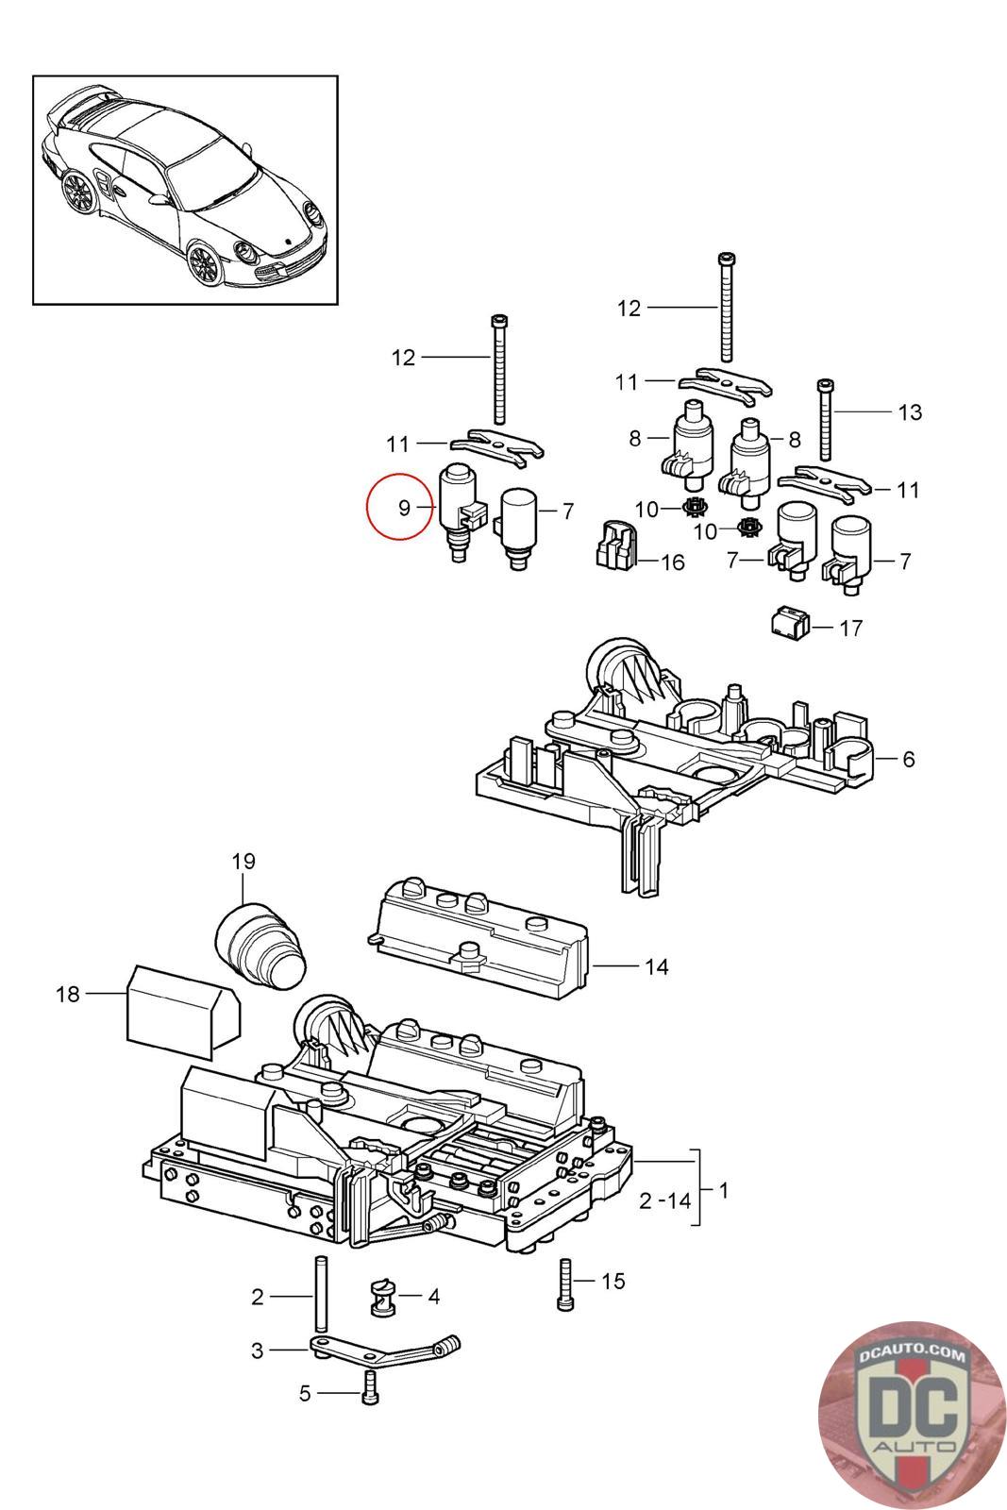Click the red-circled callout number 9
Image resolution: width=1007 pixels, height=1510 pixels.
404,507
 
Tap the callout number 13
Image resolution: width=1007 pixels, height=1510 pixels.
909,411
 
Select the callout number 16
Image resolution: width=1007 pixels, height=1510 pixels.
672,562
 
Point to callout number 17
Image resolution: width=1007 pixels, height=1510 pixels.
850,628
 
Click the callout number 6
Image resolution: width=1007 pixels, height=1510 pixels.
908,759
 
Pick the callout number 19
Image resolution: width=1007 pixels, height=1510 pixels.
243,861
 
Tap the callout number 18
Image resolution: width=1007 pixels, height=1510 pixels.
67,994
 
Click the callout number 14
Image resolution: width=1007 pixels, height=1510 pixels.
656,966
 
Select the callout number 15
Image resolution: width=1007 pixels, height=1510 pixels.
613,1281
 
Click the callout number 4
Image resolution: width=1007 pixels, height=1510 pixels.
433,1297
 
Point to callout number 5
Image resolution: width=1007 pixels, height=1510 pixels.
305,1393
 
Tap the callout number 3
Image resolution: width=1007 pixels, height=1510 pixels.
257,1351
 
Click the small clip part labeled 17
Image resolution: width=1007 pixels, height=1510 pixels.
791,623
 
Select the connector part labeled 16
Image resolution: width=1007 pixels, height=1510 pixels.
616,544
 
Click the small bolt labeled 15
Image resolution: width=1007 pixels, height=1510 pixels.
565,1284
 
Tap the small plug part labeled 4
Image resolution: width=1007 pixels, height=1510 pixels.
382,1297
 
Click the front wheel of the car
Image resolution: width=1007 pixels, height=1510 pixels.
204,263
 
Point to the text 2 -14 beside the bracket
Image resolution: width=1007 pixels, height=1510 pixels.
664,1200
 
